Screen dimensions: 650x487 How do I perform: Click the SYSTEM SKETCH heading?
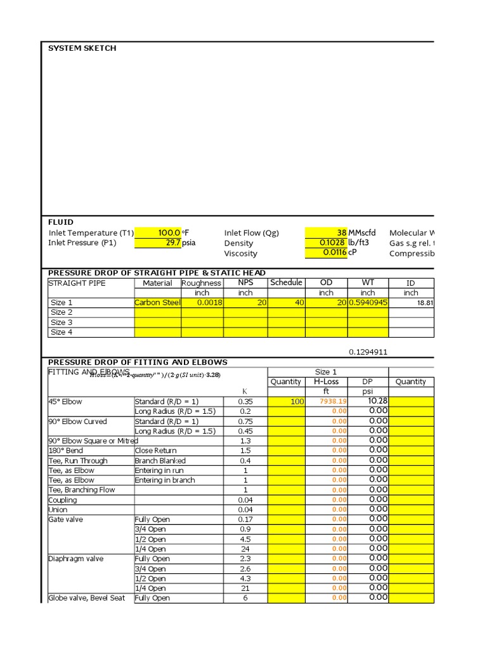(x=82, y=48)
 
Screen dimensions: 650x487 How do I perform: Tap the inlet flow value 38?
(x=341, y=233)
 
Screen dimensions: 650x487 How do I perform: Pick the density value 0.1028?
(x=334, y=243)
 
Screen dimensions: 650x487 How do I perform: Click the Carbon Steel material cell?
(x=157, y=303)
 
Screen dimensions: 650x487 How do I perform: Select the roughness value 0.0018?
(x=209, y=303)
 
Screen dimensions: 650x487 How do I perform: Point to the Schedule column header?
(x=286, y=282)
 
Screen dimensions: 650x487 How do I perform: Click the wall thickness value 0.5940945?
(x=368, y=303)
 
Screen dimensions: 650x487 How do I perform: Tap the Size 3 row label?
(x=62, y=322)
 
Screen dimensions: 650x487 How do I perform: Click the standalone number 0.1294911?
(x=368, y=351)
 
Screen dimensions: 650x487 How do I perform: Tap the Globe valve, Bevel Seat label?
(x=87, y=598)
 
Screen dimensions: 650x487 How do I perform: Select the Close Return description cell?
(x=156, y=451)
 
